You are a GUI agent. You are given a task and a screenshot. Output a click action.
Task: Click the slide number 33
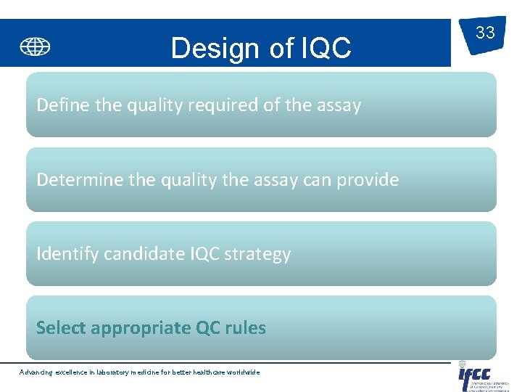pyautogui.click(x=484, y=33)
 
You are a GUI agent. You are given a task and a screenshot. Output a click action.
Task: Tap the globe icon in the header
pyautogui.click(x=35, y=46)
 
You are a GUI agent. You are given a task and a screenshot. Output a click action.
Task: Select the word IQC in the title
pyautogui.click(x=323, y=49)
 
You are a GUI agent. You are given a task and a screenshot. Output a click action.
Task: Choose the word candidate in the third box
pyautogui.click(x=144, y=254)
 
